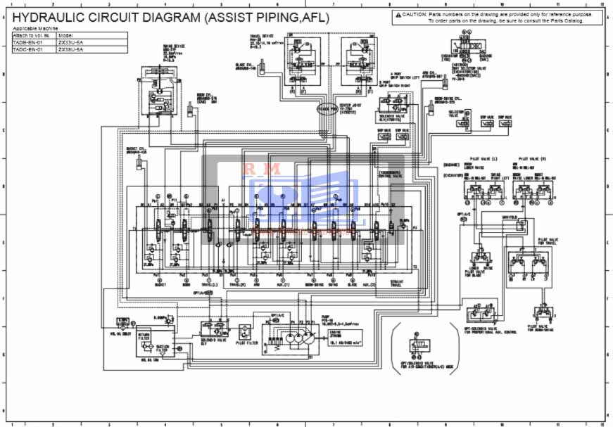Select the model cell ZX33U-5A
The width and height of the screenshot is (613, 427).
point(70,43)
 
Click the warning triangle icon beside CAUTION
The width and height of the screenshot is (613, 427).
point(398,14)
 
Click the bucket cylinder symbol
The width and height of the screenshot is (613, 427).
point(139,163)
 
